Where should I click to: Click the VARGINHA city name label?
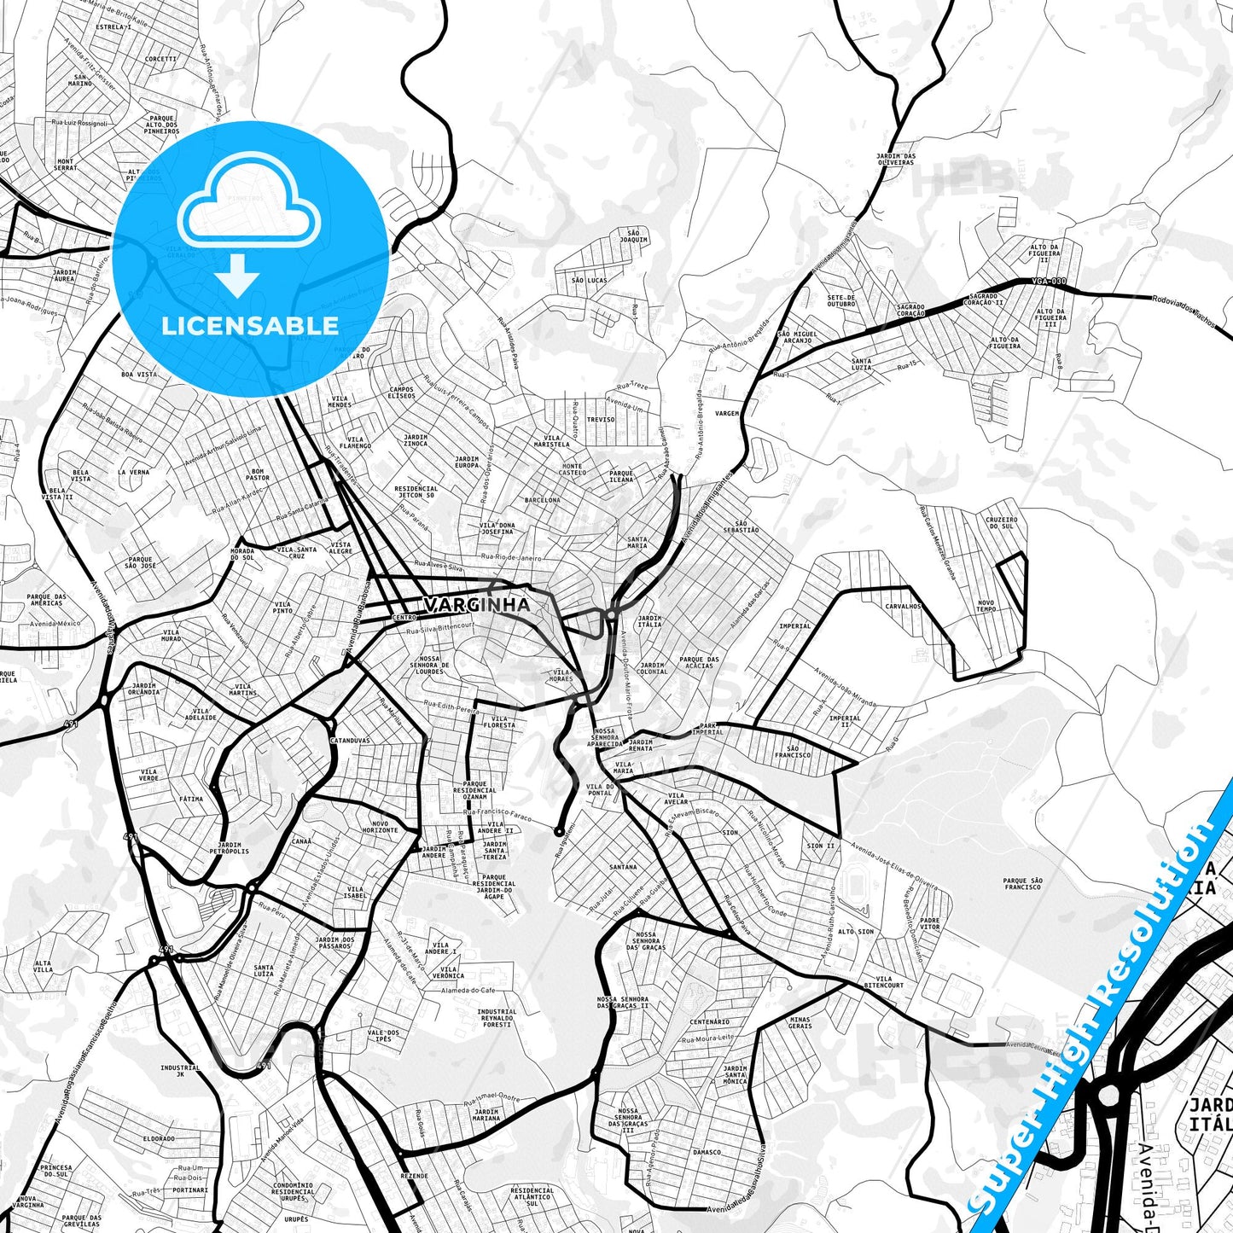click(477, 605)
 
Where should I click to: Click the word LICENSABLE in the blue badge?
click(250, 326)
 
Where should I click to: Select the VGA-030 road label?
click(1049, 282)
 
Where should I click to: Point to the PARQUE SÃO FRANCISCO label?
click(1022, 883)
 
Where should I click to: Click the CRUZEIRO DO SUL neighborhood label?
click(1001, 522)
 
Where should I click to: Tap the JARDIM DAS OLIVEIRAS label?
click(895, 159)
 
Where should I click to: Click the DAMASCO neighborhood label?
click(707, 1152)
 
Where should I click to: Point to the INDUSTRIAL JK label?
click(180, 1071)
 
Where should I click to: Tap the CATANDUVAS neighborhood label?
click(350, 741)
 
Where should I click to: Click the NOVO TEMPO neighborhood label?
click(986, 606)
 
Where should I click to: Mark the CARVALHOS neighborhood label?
click(903, 606)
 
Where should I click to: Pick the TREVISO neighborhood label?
click(601, 420)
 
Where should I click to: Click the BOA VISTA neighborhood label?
click(139, 375)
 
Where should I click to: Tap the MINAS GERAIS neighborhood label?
click(800, 1022)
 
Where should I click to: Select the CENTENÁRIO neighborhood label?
click(710, 1021)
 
